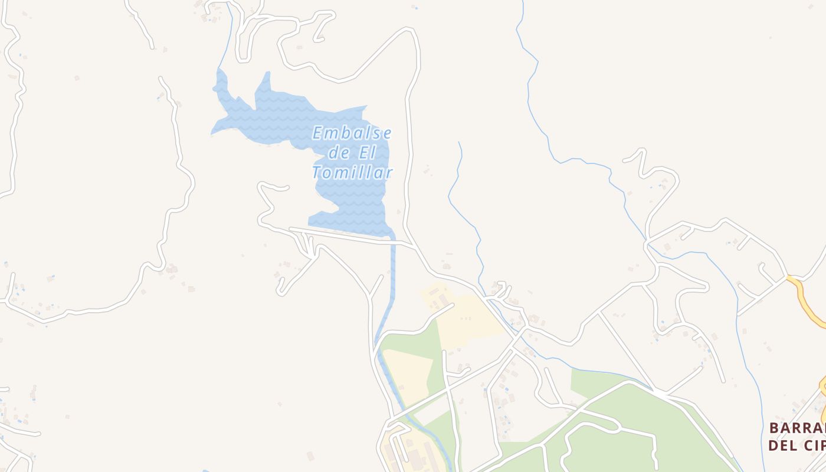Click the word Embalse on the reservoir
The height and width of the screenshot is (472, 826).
[x=352, y=133]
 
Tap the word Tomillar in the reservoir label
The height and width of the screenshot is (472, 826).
[x=352, y=173]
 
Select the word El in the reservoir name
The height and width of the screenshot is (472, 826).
[x=367, y=153]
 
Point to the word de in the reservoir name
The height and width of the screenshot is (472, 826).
[x=339, y=153]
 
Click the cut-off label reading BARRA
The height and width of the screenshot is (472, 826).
[x=797, y=428]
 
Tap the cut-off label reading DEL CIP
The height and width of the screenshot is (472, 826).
[x=797, y=445]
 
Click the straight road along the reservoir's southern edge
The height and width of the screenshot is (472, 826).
[x=348, y=236]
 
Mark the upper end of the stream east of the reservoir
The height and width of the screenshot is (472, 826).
[x=459, y=142]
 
